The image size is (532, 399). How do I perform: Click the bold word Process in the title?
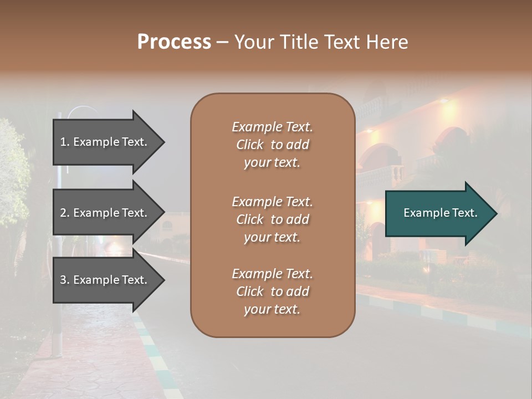(174, 42)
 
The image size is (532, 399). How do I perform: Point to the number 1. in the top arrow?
(65, 142)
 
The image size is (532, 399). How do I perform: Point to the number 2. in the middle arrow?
(65, 213)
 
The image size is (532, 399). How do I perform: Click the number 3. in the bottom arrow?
(65, 280)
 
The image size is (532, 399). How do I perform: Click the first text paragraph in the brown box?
(272, 145)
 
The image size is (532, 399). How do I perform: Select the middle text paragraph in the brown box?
(272, 219)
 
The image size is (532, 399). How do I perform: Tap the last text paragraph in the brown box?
(272, 291)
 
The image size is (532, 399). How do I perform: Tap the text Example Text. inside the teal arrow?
(441, 213)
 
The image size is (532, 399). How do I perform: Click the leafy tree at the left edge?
(14, 172)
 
